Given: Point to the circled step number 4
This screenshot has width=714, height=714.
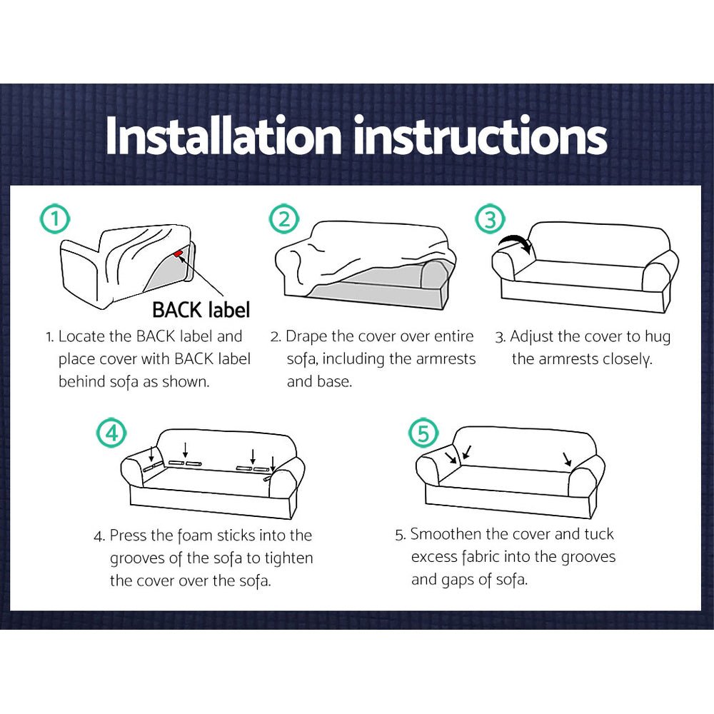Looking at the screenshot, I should pyautogui.click(x=111, y=433).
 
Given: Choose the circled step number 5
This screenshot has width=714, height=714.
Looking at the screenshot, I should pyautogui.click(x=423, y=433).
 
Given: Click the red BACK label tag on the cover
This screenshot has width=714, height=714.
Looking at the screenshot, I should pyautogui.click(x=178, y=253).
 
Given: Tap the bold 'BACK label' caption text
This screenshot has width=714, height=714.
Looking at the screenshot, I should pyautogui.click(x=201, y=310).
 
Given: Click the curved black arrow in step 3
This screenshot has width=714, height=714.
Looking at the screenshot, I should pyautogui.click(x=516, y=244).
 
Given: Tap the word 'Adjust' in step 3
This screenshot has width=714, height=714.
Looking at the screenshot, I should pyautogui.click(x=533, y=336).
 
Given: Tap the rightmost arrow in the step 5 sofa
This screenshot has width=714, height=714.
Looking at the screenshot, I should pyautogui.click(x=567, y=459).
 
